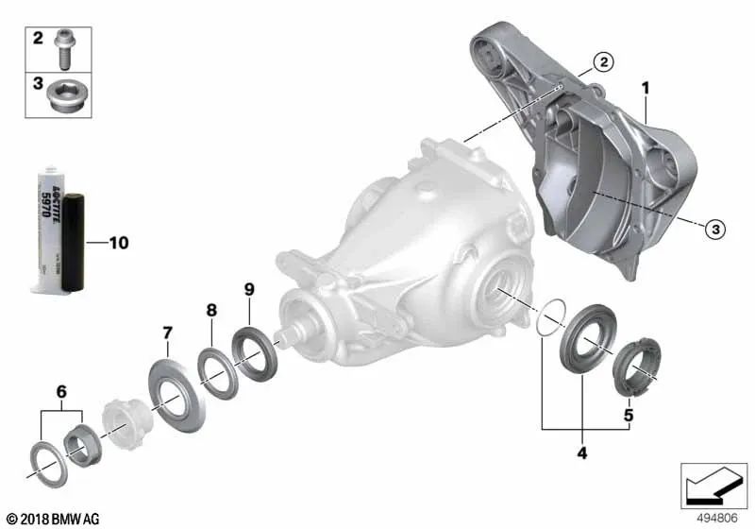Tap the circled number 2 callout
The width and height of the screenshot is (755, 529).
(602, 64)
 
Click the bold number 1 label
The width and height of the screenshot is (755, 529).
(646, 88)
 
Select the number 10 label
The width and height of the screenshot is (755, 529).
(118, 243)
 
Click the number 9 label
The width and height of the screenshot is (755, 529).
(249, 288)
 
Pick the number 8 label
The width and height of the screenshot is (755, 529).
(211, 309)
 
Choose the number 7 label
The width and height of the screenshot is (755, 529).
(167, 333)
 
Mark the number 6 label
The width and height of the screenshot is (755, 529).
(61, 390)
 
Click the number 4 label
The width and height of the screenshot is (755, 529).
(581, 453)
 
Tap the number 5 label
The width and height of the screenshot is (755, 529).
(628, 414)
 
